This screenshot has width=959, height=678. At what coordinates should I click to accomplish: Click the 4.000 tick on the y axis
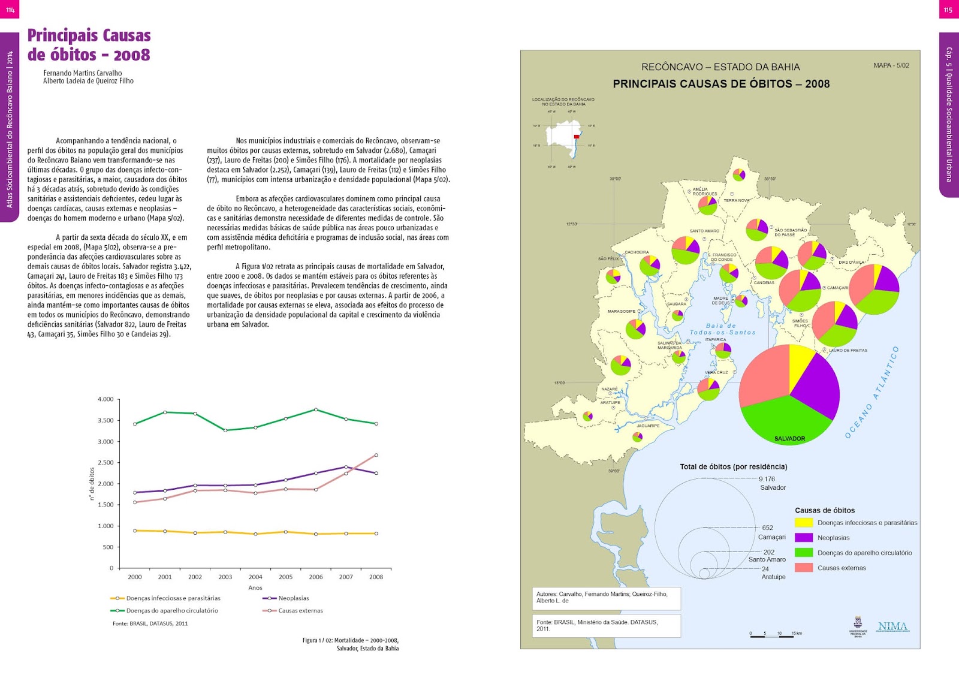click(x=105, y=399)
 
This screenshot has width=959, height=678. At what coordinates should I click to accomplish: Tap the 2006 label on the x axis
click(x=316, y=577)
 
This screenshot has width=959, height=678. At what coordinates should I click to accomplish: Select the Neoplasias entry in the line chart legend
click(x=293, y=598)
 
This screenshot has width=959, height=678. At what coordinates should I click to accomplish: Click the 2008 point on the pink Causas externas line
click(x=376, y=455)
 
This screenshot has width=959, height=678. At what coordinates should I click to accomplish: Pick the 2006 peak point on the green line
click(x=316, y=409)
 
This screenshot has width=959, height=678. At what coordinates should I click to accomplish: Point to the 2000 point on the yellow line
click(x=135, y=531)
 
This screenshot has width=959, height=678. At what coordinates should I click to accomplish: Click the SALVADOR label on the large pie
click(x=789, y=439)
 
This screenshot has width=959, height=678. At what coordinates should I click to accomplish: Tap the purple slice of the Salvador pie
click(x=816, y=384)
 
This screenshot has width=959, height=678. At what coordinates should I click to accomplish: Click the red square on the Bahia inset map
click(x=577, y=137)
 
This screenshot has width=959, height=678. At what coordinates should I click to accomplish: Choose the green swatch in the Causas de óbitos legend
click(x=804, y=553)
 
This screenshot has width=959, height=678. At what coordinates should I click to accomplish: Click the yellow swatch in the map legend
click(x=804, y=523)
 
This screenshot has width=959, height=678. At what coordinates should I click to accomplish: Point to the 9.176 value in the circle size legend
click(x=767, y=479)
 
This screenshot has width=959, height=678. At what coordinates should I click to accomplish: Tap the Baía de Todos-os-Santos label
click(x=722, y=329)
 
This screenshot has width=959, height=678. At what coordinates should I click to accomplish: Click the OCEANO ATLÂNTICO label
click(x=871, y=393)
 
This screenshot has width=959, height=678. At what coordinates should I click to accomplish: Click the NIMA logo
click(x=892, y=626)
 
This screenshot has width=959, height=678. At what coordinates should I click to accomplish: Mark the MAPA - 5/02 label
click(x=891, y=65)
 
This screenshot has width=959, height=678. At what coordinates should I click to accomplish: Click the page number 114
click(x=10, y=10)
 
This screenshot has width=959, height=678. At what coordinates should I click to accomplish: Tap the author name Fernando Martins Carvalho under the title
click(x=83, y=73)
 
